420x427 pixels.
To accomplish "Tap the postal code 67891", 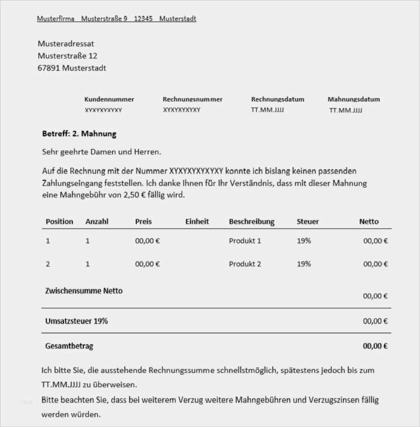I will [49, 68].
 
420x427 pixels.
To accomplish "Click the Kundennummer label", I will [109, 99].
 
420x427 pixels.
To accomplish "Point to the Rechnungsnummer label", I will [193, 99].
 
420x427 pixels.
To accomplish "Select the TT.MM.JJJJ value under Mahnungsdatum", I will [346, 110].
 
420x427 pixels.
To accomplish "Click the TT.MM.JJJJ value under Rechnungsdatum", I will [268, 110].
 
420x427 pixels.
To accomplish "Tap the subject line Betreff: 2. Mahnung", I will [79, 134].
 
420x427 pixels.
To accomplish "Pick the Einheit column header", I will [197, 222].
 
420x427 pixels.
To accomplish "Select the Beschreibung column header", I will [252, 222].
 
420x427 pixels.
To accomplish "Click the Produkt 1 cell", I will [245, 241].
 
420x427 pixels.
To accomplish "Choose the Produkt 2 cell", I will [245, 264].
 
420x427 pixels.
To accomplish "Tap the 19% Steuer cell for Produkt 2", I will [304, 264].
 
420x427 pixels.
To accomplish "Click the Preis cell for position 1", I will [147, 241].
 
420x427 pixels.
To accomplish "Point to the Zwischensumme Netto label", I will [84, 291].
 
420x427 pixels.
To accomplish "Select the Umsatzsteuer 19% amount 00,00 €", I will [375, 321].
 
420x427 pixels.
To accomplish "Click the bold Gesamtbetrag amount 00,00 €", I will [375, 346].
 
